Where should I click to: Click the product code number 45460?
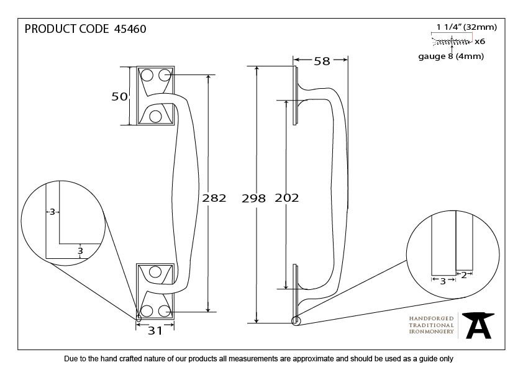pos(130,29)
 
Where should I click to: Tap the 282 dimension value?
pos(214,198)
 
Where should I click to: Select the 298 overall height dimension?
pos(253,199)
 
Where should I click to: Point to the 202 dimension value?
pos(287,198)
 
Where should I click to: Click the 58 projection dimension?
pos(322,61)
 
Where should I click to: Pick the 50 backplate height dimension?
pos(119,96)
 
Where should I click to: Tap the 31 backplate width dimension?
pos(155,331)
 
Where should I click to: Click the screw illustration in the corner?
pos(452,42)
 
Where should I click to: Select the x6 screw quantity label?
pos(480,42)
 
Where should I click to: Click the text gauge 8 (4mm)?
pos(451,56)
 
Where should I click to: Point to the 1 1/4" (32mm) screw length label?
pos(466,27)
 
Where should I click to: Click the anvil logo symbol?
pos(478,325)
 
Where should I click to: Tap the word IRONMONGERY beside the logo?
pos(431,332)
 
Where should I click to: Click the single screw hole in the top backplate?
pos(155,116)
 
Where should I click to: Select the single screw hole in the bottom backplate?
pos(155,272)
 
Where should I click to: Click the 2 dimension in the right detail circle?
pos(463,276)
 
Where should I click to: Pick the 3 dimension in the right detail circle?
pos(443,281)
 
